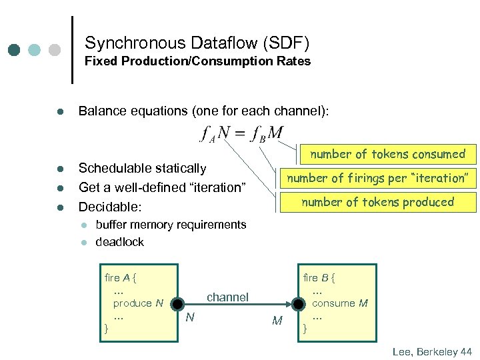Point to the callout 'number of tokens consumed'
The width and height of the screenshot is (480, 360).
click(387, 154)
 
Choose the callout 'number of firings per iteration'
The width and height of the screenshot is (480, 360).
click(378, 178)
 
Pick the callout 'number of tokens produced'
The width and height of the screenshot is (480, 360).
click(377, 202)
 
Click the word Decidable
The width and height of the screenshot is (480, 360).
click(109, 206)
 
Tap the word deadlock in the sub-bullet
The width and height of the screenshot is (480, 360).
click(120, 242)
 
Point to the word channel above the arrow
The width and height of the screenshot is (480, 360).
click(227, 297)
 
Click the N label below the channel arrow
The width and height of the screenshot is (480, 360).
click(190, 317)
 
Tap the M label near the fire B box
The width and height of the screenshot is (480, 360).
click(277, 321)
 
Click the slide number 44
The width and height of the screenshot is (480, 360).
click(465, 351)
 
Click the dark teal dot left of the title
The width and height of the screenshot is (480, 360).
click(14, 50)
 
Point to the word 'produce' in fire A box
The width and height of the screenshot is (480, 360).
click(132, 303)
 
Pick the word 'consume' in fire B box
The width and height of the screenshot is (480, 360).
click(333, 303)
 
